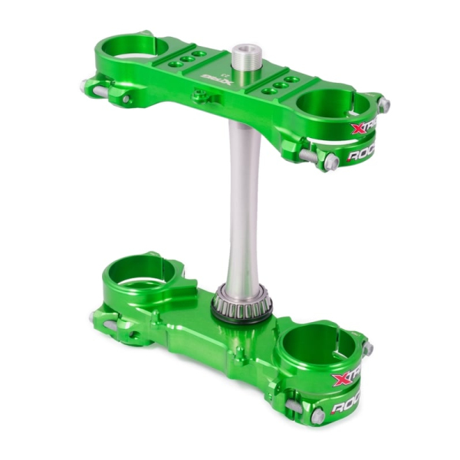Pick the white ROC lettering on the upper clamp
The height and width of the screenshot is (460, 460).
[363, 156]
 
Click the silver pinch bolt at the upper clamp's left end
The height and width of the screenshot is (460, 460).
[87, 87]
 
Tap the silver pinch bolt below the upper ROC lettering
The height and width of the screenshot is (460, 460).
[332, 163]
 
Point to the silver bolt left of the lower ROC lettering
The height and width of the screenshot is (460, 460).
[317, 416]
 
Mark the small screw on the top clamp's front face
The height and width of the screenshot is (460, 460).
[200, 96]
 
